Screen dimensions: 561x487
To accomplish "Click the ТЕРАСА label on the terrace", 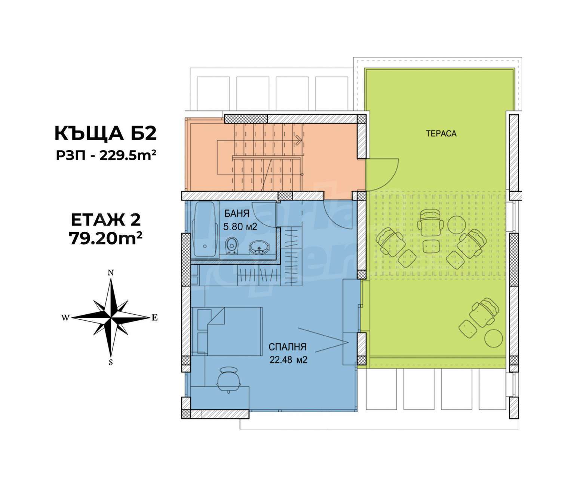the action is (x=441, y=134).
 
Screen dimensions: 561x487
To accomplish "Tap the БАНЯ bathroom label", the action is (x=237, y=213).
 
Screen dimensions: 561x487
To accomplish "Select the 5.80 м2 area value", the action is (x=240, y=226).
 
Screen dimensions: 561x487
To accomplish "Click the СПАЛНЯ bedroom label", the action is (x=287, y=347).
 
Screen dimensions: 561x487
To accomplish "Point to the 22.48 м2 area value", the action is (x=288, y=360).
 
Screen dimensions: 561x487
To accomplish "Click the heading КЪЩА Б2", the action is (x=105, y=134).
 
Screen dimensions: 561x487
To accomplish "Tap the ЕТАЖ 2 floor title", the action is (x=106, y=220).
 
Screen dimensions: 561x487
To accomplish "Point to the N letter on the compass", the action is (x=110, y=272).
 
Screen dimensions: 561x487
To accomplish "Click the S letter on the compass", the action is (x=110, y=363).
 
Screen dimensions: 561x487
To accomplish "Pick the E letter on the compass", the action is (x=154, y=318).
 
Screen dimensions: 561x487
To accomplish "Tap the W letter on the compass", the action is (x=65, y=318).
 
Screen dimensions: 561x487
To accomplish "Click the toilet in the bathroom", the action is (x=232, y=244).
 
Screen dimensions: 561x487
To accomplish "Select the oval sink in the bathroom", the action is (x=259, y=247).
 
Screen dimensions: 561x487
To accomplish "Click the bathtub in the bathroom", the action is (x=205, y=229).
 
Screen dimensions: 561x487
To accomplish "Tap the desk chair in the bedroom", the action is (x=229, y=379).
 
